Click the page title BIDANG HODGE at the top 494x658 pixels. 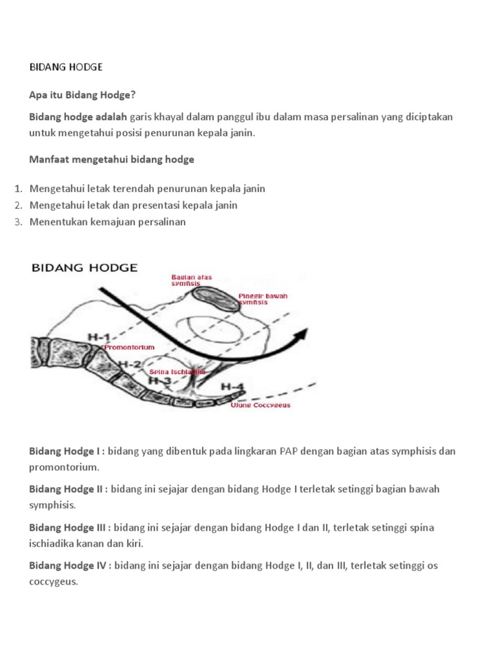66,67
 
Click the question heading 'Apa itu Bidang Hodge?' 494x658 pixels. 82,95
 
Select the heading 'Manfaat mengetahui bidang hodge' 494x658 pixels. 111,159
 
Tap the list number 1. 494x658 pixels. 17,189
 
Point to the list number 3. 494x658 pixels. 17,222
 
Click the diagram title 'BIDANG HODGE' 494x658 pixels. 84,268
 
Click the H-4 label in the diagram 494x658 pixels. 232,386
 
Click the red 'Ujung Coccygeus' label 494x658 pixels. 261,405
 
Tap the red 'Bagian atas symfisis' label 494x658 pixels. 191,280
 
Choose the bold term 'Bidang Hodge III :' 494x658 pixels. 70,528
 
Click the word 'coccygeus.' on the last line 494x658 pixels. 53,583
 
